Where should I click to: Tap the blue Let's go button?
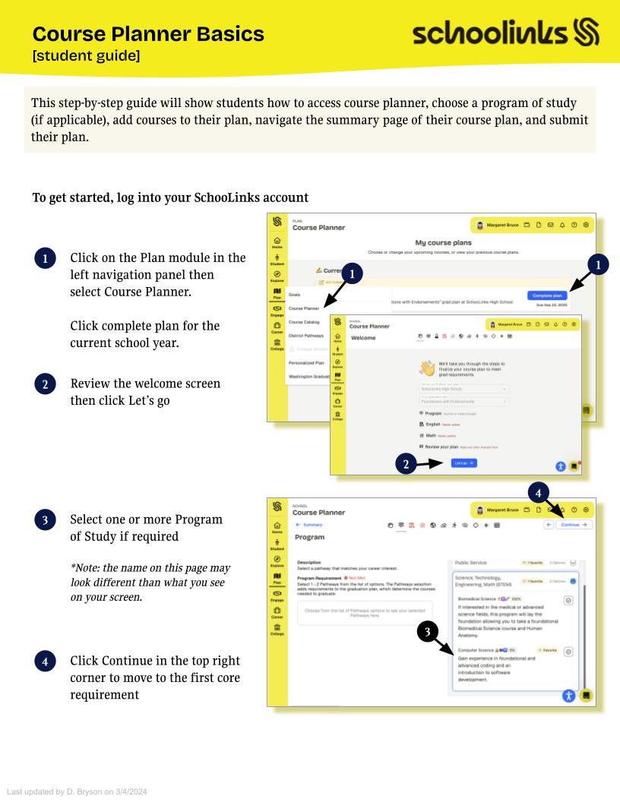pyautogui.click(x=463, y=462)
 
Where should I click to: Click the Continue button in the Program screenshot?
pyautogui.click(x=574, y=525)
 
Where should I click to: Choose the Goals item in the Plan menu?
pyautogui.click(x=295, y=293)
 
